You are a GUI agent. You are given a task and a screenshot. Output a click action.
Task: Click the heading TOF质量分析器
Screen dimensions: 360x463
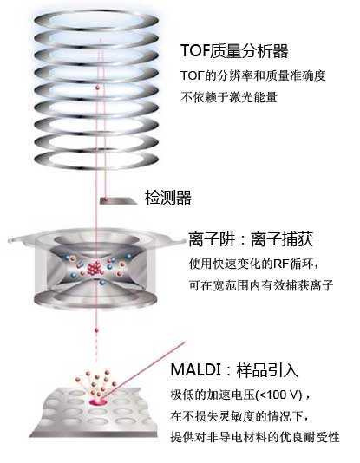234,51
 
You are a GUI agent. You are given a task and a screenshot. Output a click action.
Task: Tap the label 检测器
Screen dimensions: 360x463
167,197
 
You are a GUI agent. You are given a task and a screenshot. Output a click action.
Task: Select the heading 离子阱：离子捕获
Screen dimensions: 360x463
251,239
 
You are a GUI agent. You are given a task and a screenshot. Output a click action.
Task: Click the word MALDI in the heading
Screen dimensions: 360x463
195,369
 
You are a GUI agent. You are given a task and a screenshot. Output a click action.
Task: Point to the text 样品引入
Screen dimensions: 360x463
267,369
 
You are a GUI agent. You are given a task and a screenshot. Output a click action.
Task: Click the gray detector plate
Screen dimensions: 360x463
118,201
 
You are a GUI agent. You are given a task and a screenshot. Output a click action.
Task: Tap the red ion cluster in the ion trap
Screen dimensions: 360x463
95,268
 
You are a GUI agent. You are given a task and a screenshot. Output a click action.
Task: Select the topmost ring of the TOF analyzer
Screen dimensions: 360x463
96,21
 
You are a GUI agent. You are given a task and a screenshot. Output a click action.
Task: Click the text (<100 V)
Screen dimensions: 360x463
278,395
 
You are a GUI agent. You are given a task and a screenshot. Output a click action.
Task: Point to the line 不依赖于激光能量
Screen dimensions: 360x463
229,97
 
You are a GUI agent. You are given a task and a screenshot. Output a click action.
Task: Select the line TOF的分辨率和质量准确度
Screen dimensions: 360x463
253,75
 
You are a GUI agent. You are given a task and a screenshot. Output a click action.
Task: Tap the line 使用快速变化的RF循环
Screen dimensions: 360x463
254,264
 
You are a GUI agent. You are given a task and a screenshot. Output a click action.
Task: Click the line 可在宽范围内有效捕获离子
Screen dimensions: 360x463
261,285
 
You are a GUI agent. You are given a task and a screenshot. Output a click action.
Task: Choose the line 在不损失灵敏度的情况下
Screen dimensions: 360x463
240,416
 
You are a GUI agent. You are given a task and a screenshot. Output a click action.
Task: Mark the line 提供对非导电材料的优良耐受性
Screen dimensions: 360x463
255,437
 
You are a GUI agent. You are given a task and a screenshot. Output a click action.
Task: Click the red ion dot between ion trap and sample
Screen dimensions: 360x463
96,330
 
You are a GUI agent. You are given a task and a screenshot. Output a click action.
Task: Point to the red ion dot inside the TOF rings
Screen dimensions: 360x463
96,88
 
